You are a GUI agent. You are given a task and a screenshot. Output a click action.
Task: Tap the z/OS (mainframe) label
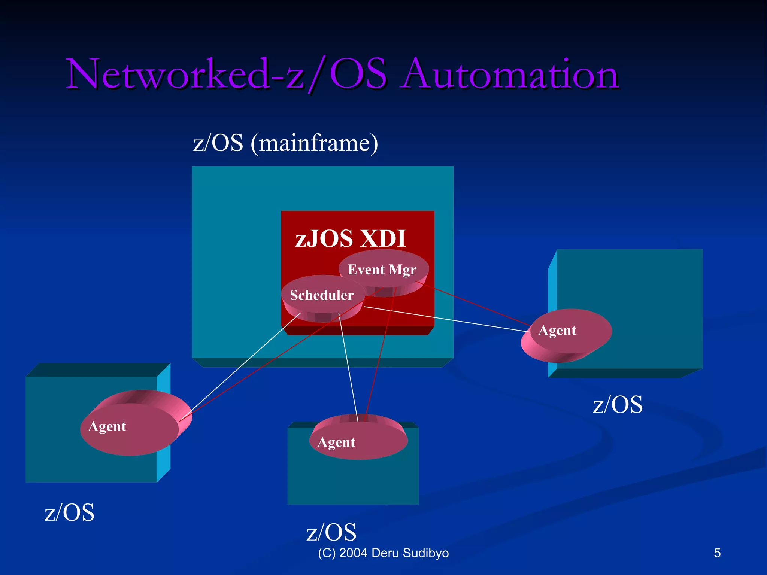click(x=285, y=143)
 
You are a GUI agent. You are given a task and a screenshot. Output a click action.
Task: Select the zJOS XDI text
click(x=351, y=238)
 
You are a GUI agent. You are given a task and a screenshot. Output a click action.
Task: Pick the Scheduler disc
click(x=322, y=295)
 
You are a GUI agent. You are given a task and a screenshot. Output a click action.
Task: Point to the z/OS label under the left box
click(x=69, y=512)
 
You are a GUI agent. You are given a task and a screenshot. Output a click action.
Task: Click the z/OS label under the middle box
click(x=331, y=532)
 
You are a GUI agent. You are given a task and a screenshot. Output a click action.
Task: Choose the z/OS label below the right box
click(x=618, y=405)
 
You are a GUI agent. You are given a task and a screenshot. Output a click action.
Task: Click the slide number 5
click(x=717, y=553)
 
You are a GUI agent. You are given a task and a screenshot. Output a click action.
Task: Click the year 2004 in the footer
click(x=353, y=553)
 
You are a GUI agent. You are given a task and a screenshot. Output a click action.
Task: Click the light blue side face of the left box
click(x=164, y=423)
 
